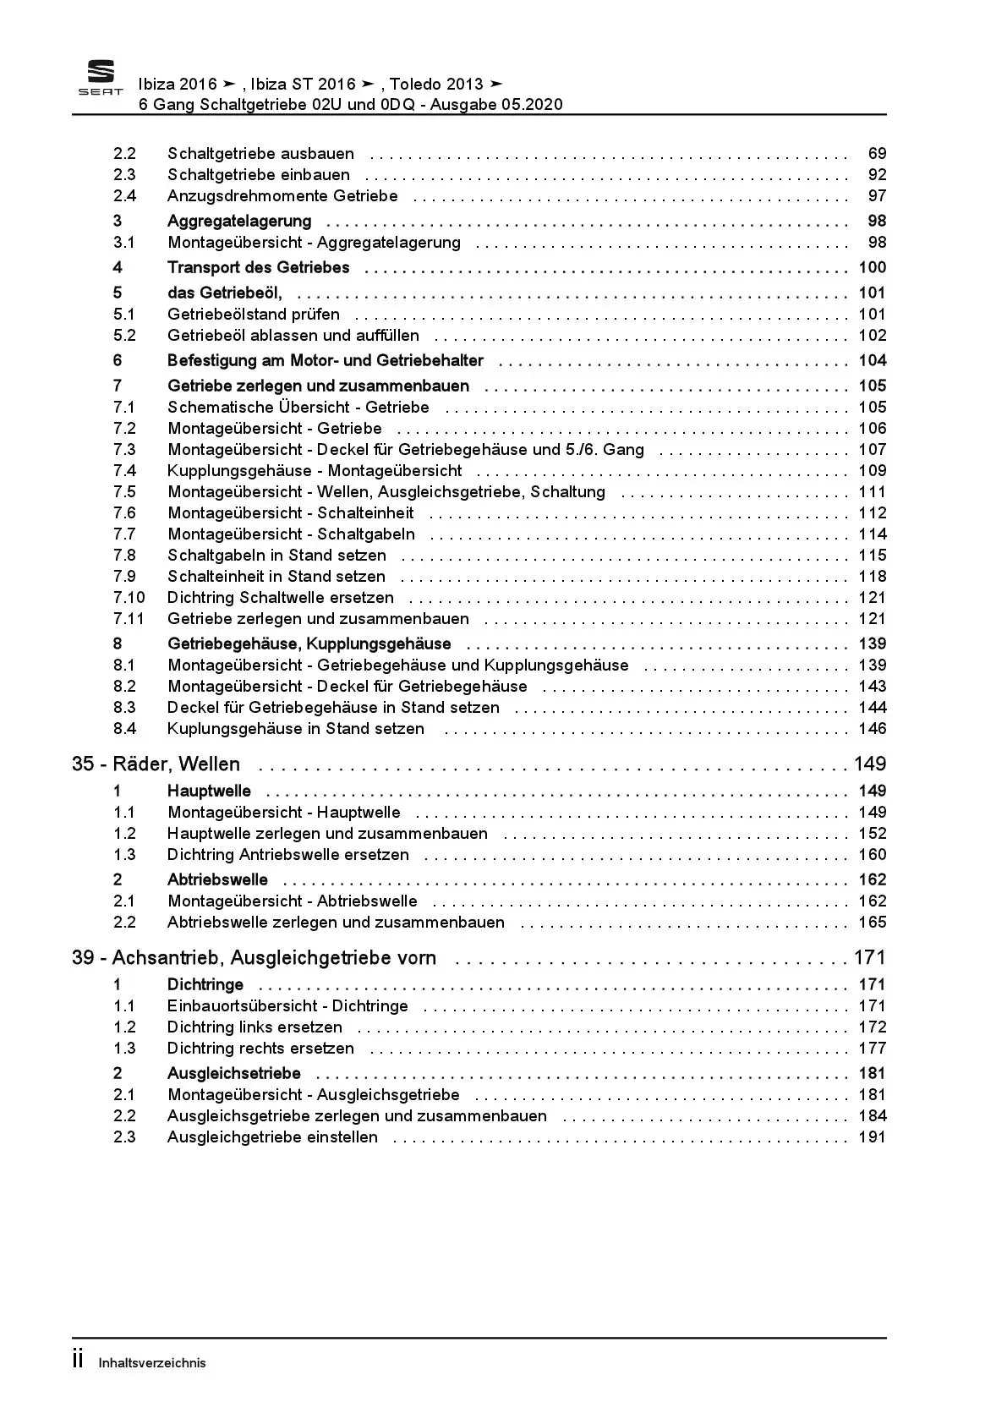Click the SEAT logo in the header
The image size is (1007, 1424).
[x=101, y=78]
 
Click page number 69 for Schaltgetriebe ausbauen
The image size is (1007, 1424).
[x=877, y=154]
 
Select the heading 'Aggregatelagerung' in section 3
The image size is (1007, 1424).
[x=239, y=222]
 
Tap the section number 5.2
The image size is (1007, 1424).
[x=124, y=336]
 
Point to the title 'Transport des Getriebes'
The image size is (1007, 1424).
[x=258, y=268]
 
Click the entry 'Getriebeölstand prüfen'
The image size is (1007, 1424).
[x=254, y=315]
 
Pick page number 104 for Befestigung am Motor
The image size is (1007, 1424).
[x=873, y=361]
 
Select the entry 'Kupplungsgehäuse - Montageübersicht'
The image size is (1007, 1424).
[x=315, y=471]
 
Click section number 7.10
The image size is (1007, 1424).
[x=129, y=598]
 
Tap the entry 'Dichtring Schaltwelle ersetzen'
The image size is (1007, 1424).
[x=281, y=598]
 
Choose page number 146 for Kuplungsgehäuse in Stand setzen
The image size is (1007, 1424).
[x=873, y=729]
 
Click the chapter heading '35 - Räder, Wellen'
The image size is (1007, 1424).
[x=156, y=764]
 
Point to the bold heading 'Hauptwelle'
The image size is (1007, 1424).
[x=209, y=791]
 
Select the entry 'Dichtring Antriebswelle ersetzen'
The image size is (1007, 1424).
[x=287, y=855]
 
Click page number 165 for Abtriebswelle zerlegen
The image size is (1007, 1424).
[x=873, y=923]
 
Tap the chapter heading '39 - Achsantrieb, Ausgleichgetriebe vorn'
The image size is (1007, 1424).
[x=254, y=958]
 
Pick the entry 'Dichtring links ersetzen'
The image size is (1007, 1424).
[x=254, y=1027]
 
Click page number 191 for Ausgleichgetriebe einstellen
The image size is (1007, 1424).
[x=873, y=1137]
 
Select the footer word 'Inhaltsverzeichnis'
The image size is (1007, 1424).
[x=152, y=1363]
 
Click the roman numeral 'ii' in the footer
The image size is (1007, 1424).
[x=78, y=1361]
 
